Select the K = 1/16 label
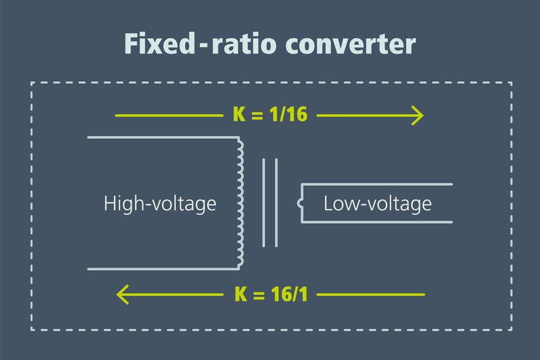point(270,114)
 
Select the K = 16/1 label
point(270,294)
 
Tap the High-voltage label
point(160,204)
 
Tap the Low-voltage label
point(377,204)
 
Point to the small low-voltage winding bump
point(301,204)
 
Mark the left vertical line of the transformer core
point(264,203)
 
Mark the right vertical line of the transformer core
point(276,203)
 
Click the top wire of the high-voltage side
point(162,137)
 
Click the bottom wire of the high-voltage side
point(162,269)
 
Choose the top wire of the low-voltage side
point(377,185)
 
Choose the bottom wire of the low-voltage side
point(377,223)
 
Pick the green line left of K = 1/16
point(169,114)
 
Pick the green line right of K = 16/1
point(371,294)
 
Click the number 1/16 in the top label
point(289,114)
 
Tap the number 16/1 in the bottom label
point(289,294)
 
